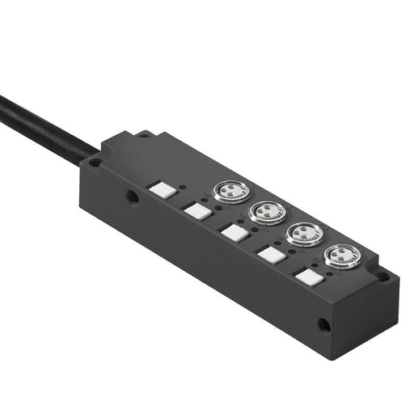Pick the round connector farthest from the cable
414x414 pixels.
coord(340,257)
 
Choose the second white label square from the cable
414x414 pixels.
coord(196,210)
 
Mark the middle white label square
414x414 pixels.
coord(233,233)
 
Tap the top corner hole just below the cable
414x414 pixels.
coord(95,162)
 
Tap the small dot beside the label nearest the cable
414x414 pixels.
coord(182,187)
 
